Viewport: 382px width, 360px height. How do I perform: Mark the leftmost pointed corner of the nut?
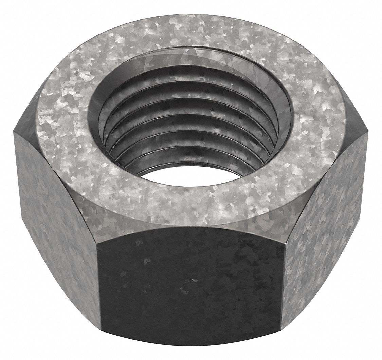point(14,131)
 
